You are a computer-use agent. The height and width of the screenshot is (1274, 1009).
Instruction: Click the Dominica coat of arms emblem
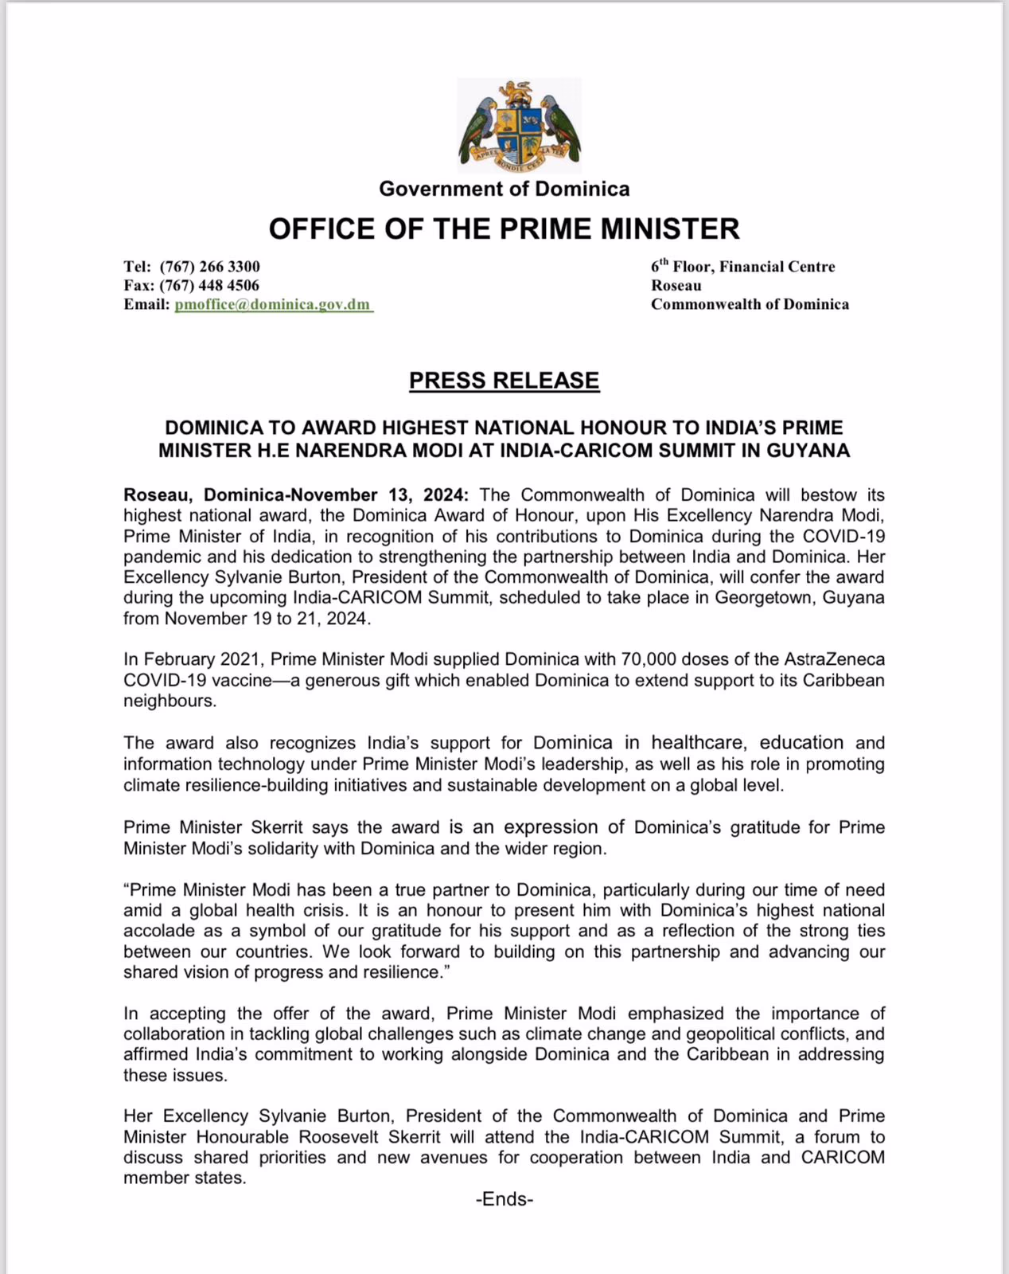pos(520,125)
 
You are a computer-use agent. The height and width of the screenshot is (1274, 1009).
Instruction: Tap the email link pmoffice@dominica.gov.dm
pos(273,304)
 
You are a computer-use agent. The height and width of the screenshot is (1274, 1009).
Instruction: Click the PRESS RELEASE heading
pos(504,381)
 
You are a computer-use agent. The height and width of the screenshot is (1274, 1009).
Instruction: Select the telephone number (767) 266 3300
pos(209,266)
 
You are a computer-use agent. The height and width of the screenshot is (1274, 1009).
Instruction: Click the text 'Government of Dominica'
pos(504,189)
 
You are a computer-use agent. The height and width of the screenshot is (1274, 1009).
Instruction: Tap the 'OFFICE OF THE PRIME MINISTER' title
pos(504,229)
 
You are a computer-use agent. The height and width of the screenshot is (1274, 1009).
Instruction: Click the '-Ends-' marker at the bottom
pos(504,1199)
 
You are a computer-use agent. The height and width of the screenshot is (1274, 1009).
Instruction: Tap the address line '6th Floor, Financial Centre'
pos(742,266)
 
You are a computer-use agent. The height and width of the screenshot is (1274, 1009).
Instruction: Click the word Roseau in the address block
pos(676,285)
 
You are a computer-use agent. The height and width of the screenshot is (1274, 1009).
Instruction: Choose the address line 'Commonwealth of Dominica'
pos(750,304)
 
